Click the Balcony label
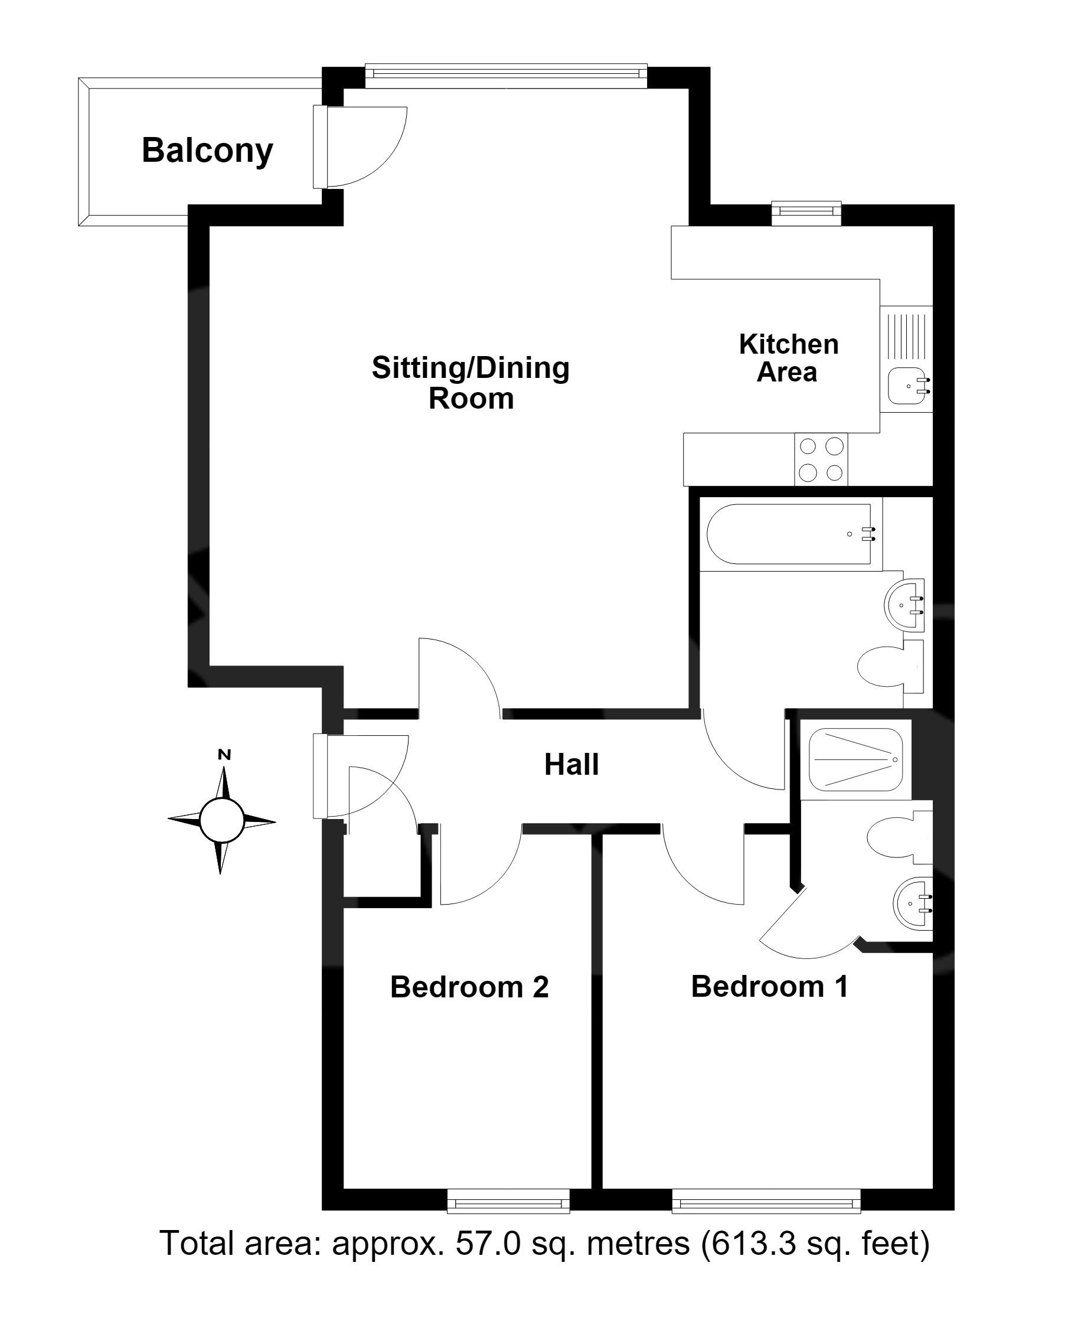tap(207, 151)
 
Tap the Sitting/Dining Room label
tap(471, 382)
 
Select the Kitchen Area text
tap(788, 358)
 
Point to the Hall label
tap(571, 764)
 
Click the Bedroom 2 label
tap(469, 987)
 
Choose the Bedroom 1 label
tap(770, 986)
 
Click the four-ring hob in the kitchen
tap(821, 459)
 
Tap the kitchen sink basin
tap(908, 386)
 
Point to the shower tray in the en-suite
tap(855, 759)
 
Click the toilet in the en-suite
tap(899, 837)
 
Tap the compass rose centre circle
tap(221, 820)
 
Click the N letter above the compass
tap(224, 755)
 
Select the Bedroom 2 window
tap(508, 1201)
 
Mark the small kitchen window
tap(806, 213)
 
